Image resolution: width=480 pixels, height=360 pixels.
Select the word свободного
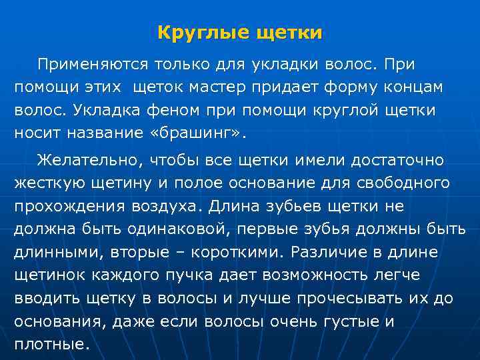point(399,182)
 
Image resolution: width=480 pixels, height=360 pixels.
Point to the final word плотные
point(51,345)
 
